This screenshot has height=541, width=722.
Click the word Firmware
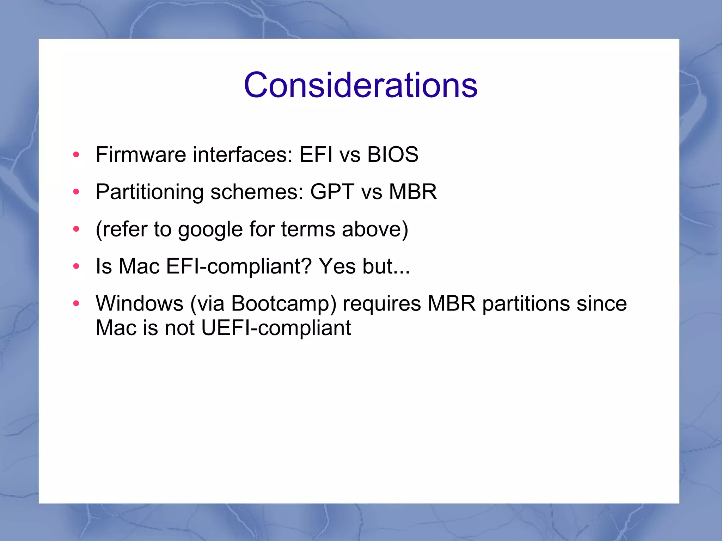141,154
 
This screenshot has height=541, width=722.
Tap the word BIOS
392,154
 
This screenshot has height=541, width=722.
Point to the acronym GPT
332,192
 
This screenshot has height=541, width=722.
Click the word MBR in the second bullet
412,192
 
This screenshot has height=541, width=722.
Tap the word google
210,230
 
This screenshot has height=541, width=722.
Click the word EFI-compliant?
239,266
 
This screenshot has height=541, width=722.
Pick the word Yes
337,266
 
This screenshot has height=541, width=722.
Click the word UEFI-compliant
276,328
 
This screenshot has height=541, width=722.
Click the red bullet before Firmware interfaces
76,154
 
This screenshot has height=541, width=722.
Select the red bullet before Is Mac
76,266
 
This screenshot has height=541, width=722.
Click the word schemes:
257,192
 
